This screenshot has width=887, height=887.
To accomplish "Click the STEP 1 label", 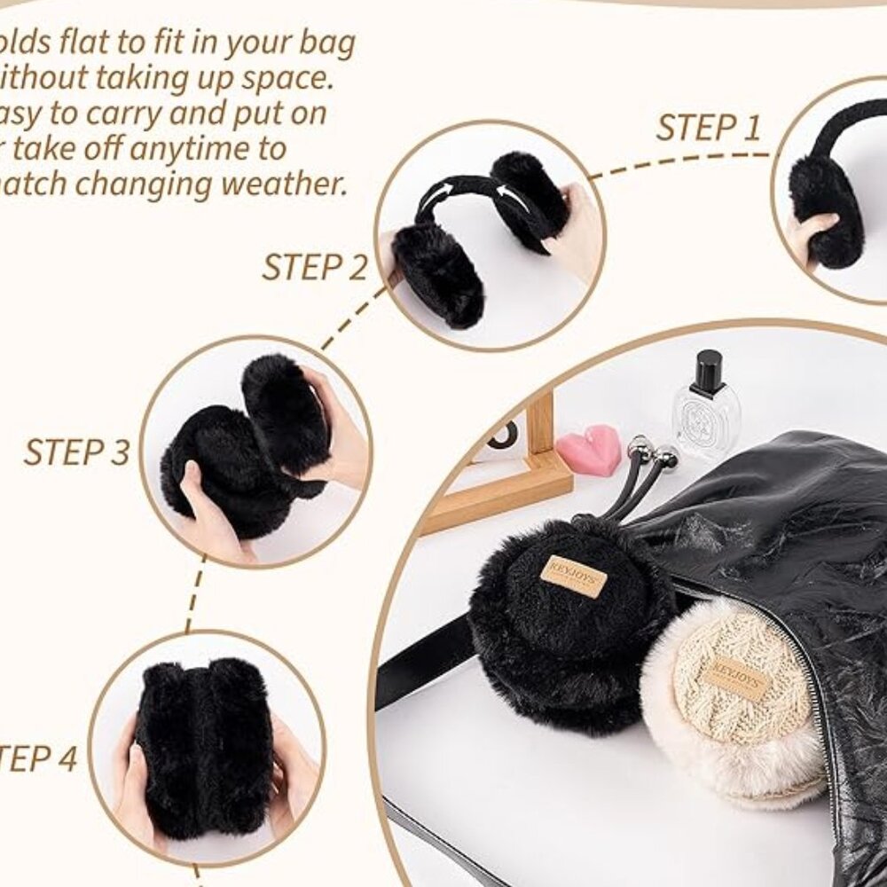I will point(708,129).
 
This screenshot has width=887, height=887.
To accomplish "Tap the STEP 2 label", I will point(314,267).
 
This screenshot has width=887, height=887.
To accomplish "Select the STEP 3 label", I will point(76,451).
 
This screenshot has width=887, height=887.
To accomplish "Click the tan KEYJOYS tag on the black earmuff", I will point(573,576).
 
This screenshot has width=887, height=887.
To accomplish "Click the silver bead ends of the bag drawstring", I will point(652,452).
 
